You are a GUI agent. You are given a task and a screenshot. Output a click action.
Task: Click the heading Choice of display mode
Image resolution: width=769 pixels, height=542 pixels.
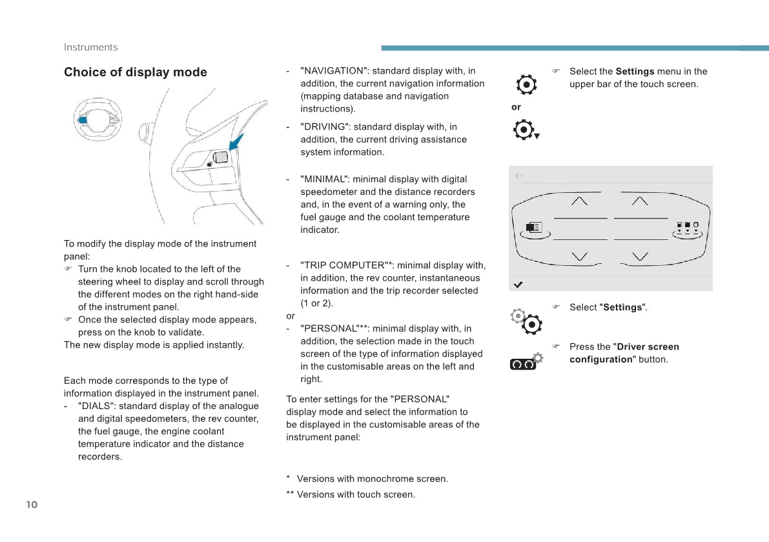coord(136,72)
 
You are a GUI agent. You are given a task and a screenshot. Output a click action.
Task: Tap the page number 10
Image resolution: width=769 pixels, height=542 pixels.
coord(32,505)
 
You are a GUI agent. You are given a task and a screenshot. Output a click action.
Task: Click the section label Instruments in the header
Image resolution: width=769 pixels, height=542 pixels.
coord(91,47)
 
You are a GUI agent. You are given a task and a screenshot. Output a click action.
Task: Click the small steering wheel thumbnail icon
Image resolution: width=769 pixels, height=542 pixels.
coord(97,119)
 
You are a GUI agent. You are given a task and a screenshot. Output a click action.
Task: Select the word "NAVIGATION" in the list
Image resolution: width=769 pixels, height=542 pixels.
coord(334,71)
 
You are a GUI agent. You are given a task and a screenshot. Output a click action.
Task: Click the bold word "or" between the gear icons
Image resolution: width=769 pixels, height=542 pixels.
coord(516,107)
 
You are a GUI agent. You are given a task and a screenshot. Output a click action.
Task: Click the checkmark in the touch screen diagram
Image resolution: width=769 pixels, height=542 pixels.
coord(518,285)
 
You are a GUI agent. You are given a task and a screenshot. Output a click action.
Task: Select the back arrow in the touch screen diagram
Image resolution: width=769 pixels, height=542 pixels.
coord(519,176)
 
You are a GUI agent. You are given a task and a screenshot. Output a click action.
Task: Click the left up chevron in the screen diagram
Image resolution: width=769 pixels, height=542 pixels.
coord(579,201)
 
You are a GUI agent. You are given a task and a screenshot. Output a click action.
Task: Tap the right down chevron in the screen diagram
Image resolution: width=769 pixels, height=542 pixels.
coord(640,256)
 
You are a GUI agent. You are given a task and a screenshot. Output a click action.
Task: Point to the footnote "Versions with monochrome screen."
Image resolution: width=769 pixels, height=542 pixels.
coord(373,479)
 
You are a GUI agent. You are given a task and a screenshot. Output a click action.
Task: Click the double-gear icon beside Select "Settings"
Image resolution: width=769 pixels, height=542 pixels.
coord(526,321)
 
